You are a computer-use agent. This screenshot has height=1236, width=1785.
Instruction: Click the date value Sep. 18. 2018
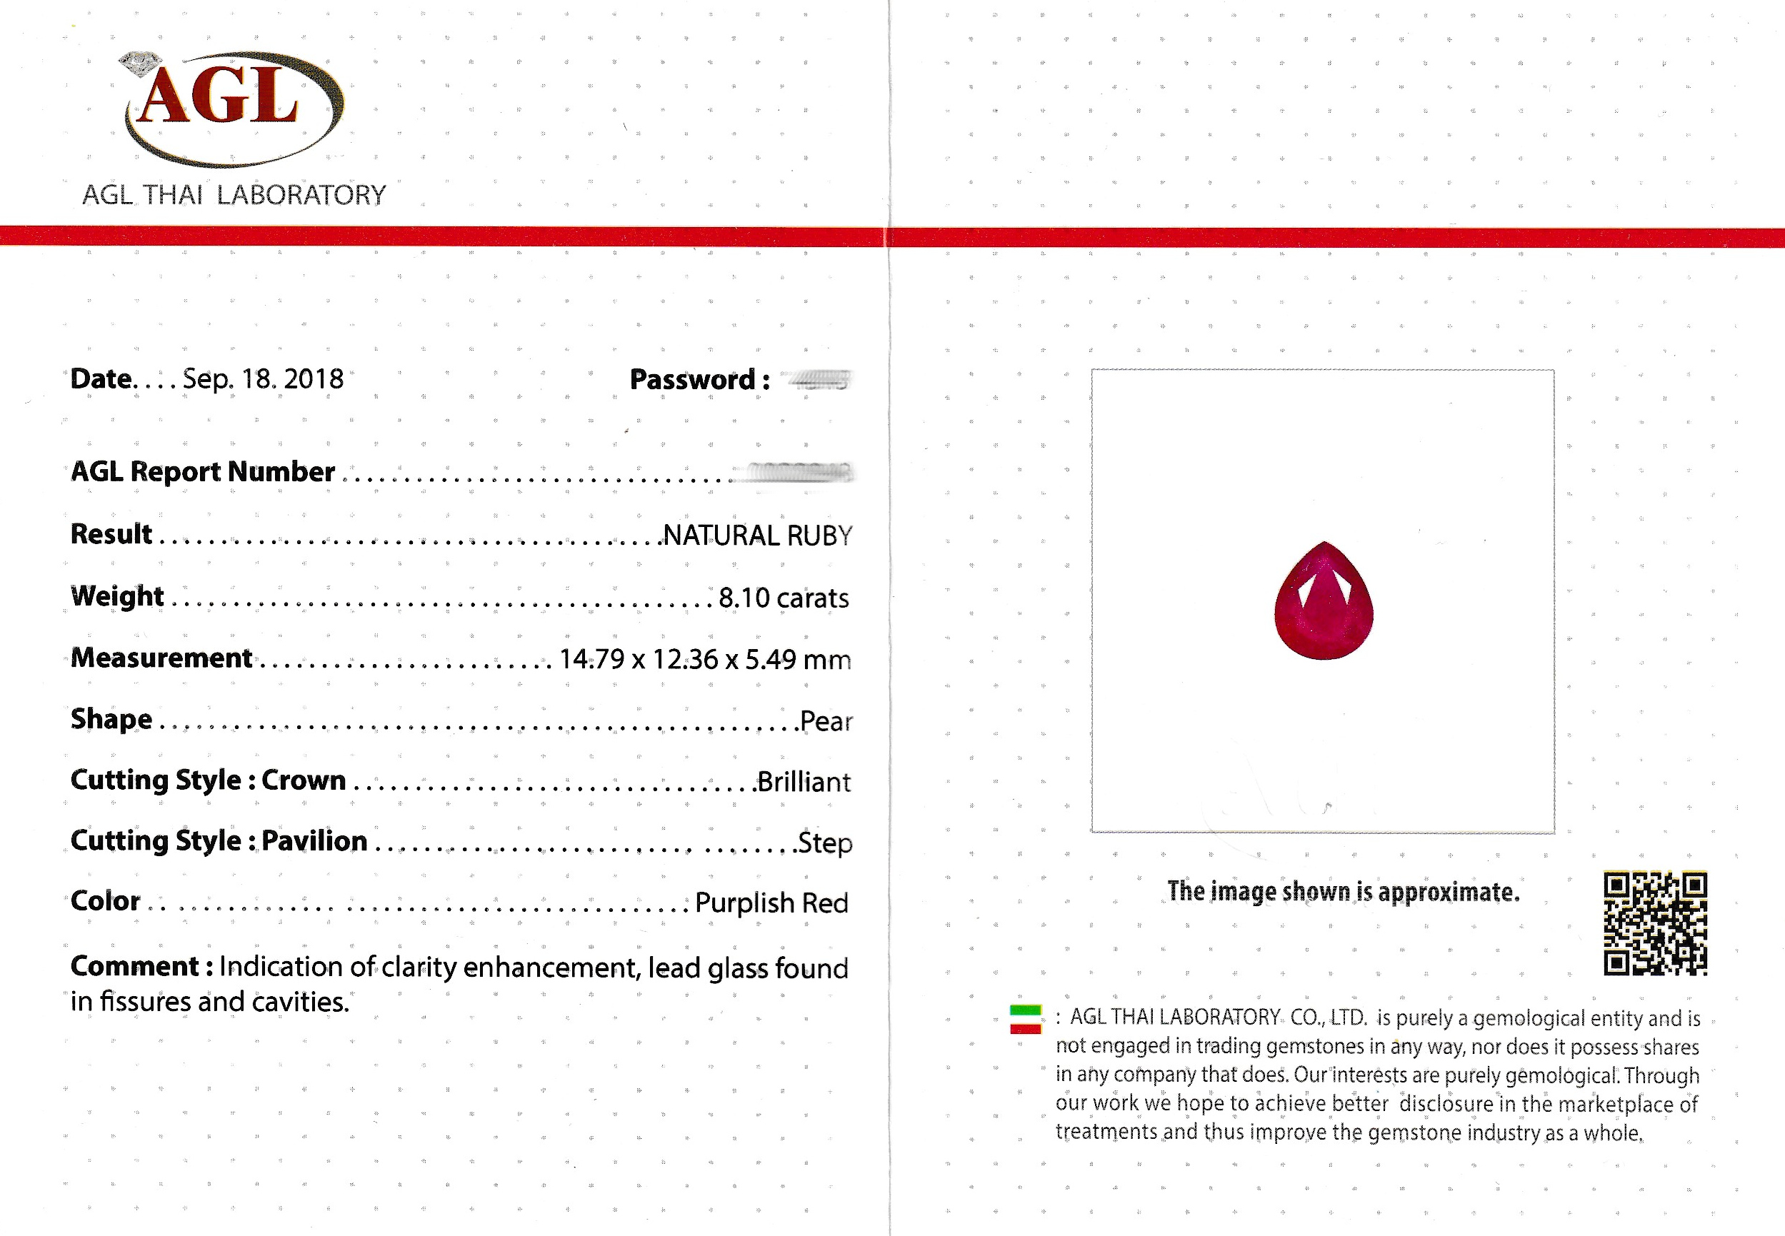click(263, 378)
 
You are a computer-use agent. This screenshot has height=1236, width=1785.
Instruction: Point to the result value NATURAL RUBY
click(757, 535)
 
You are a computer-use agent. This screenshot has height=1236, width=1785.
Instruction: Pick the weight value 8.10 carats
click(784, 597)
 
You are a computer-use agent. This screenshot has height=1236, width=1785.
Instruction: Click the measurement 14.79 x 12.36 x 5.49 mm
click(704, 659)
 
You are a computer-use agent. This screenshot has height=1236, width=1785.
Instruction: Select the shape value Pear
click(825, 721)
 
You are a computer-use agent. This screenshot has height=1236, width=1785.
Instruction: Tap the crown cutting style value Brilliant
click(804, 781)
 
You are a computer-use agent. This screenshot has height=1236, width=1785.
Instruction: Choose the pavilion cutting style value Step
click(825, 843)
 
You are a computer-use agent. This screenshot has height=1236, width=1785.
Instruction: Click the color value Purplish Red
click(771, 903)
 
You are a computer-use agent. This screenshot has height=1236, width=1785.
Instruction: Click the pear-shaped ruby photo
click(1324, 602)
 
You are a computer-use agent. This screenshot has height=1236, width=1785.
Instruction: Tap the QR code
click(1655, 923)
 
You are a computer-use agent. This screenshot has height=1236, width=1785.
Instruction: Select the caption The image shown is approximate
click(1343, 891)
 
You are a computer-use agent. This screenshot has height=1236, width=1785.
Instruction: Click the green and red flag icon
click(1025, 1019)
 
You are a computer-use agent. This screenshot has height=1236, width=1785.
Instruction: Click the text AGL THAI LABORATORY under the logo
click(234, 194)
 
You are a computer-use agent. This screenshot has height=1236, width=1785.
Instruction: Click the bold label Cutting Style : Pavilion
click(219, 841)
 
